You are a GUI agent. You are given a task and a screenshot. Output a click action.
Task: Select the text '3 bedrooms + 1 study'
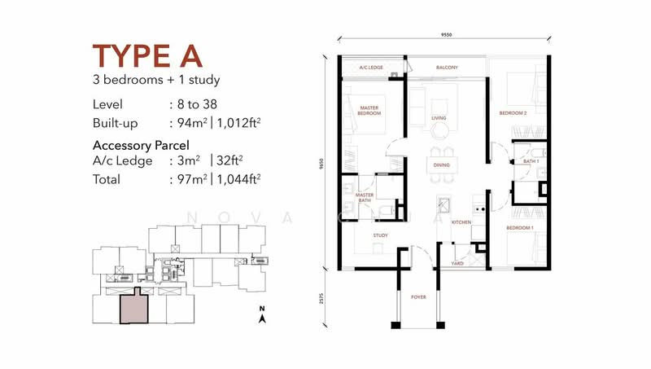pos(156,80)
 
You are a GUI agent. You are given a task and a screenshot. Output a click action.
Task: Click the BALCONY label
pos(447,68)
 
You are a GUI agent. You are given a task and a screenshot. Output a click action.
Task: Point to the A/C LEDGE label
pos(370,68)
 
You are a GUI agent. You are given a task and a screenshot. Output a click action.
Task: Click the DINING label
pos(441,165)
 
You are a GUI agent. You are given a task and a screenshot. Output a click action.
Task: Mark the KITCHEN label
pos(461,222)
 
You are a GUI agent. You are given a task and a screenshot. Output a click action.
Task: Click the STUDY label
pos(380,235)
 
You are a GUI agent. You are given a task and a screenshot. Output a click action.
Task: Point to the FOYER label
pos(419,297)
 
